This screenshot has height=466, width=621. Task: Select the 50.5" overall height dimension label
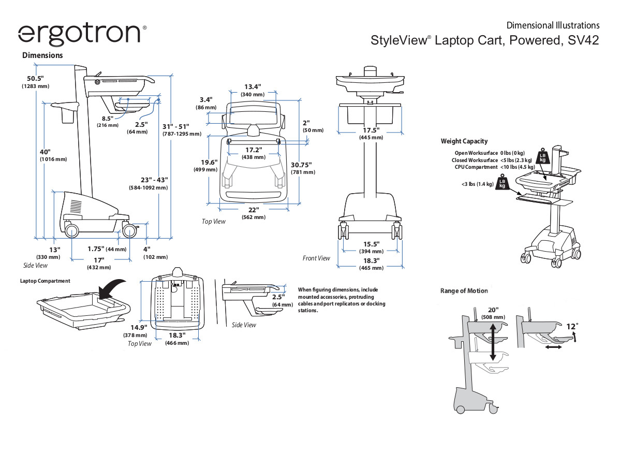pos(35,79)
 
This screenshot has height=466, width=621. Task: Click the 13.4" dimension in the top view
pos(253,86)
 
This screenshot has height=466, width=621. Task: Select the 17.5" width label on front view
pos(371,130)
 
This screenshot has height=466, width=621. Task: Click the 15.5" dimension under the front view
pos(371,244)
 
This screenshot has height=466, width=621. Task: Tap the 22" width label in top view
pos(253,210)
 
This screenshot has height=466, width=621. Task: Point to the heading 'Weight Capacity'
pos(464,141)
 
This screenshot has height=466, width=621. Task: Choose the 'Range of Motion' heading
pos(464,290)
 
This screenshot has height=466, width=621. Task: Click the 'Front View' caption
pos(316,258)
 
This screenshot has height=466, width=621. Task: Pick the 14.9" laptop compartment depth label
pos(138,327)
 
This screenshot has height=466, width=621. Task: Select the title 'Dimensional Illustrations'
pos(553,25)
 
